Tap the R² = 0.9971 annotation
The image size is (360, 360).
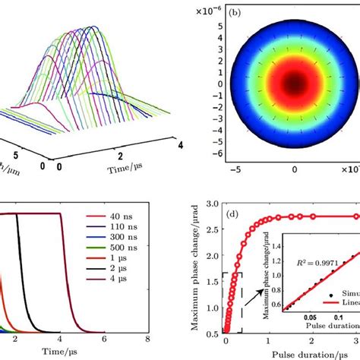[280, 266]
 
